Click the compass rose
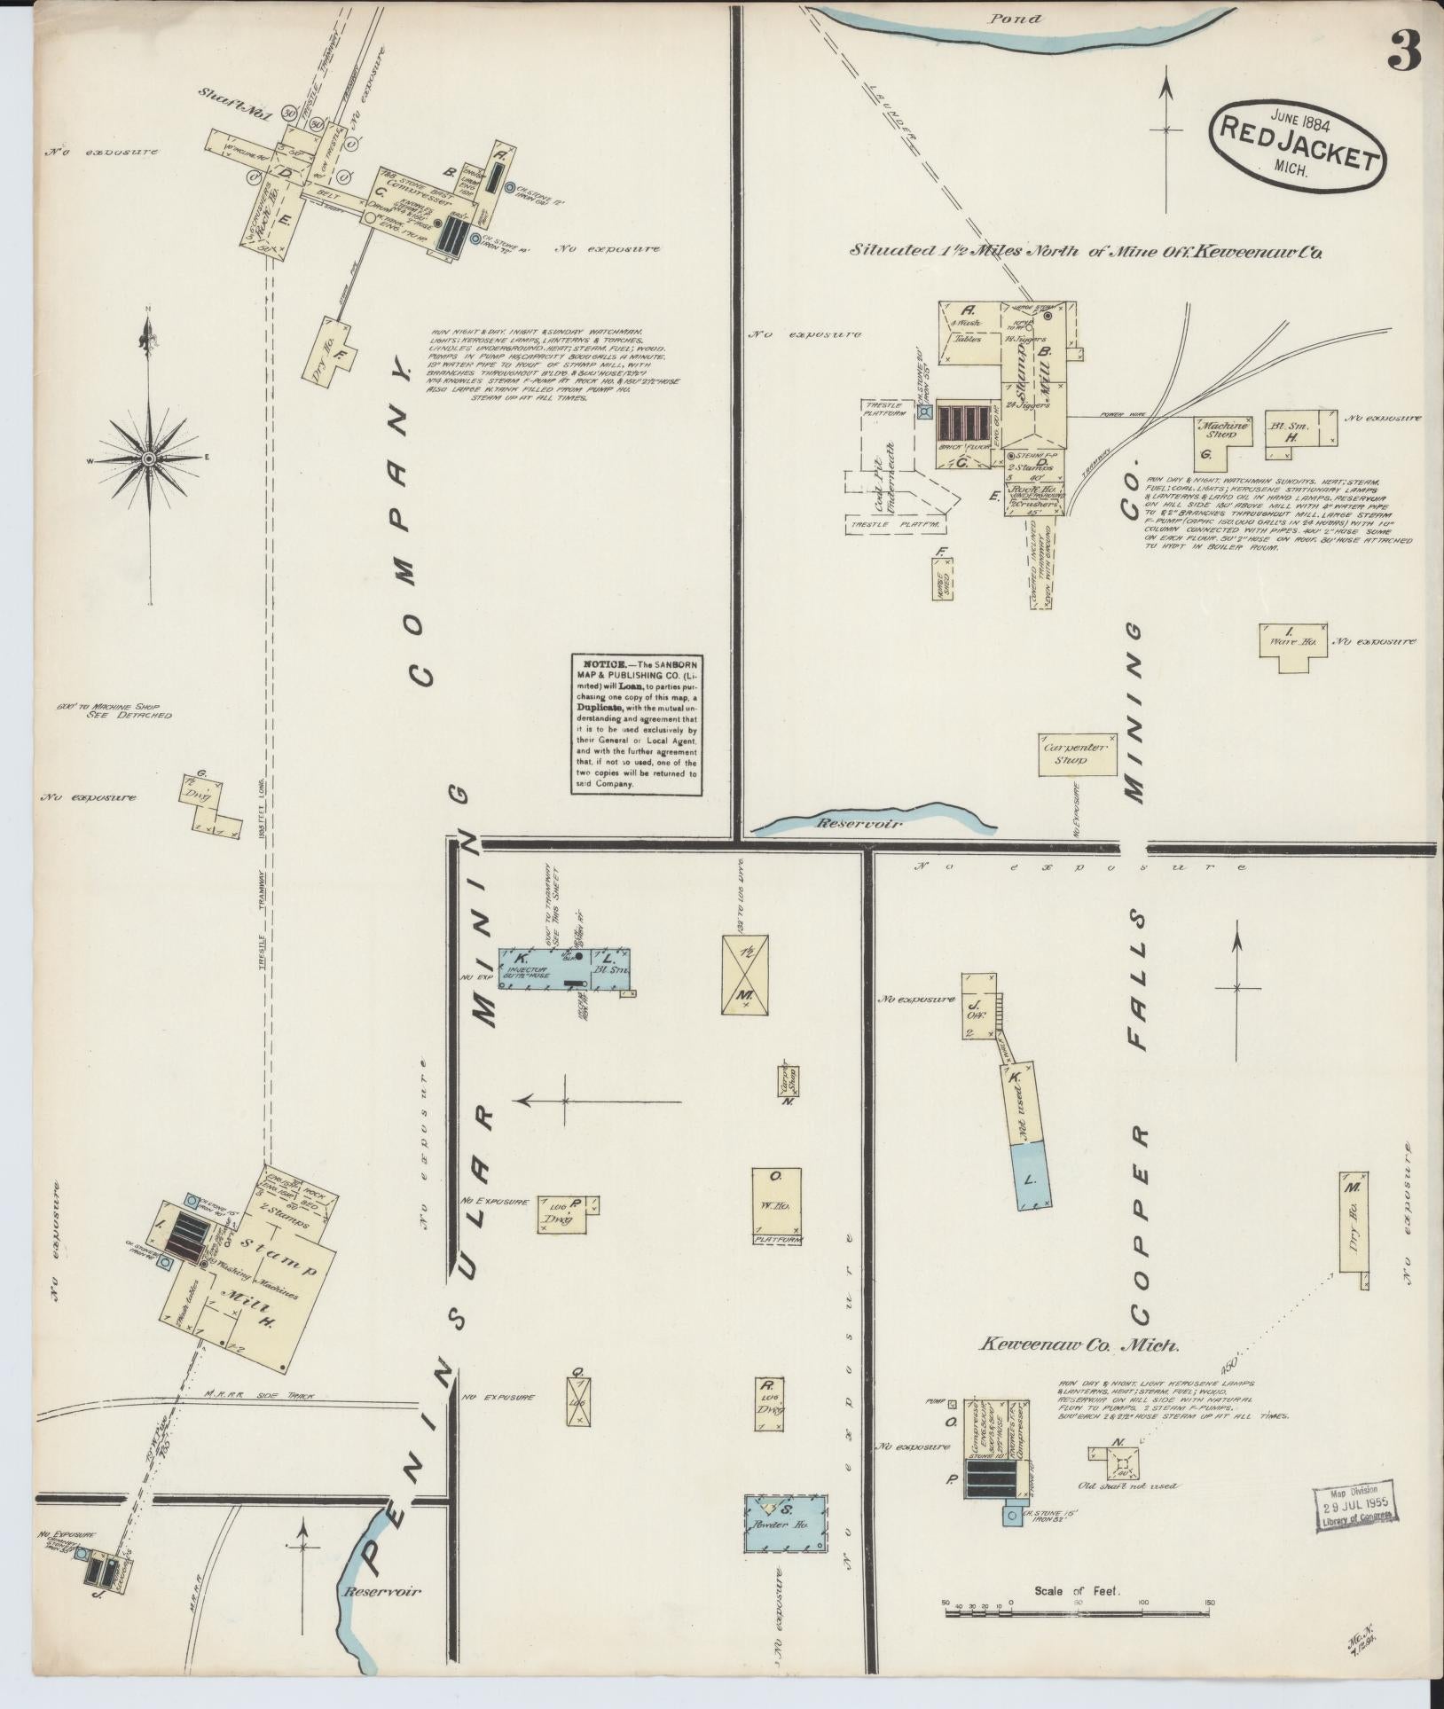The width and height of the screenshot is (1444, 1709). point(148,458)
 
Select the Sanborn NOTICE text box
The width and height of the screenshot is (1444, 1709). point(635,724)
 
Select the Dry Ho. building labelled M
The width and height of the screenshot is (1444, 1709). point(1354,1223)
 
